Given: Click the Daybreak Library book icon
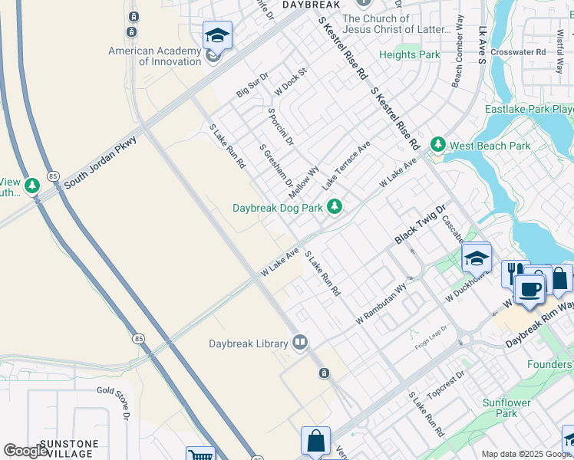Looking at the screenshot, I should [299, 343].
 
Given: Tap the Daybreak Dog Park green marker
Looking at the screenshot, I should [334, 206].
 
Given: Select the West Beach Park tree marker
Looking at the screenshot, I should [437, 144].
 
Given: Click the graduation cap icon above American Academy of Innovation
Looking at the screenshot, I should [217, 36].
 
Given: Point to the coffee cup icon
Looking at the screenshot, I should [529, 290].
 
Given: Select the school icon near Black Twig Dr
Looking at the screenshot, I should [476, 258].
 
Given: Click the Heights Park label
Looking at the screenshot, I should [410, 55].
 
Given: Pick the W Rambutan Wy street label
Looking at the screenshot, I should [380, 303].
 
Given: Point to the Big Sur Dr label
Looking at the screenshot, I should [252, 84].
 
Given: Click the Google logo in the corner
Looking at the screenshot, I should [26, 451].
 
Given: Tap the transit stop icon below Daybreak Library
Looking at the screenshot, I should [324, 373].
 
